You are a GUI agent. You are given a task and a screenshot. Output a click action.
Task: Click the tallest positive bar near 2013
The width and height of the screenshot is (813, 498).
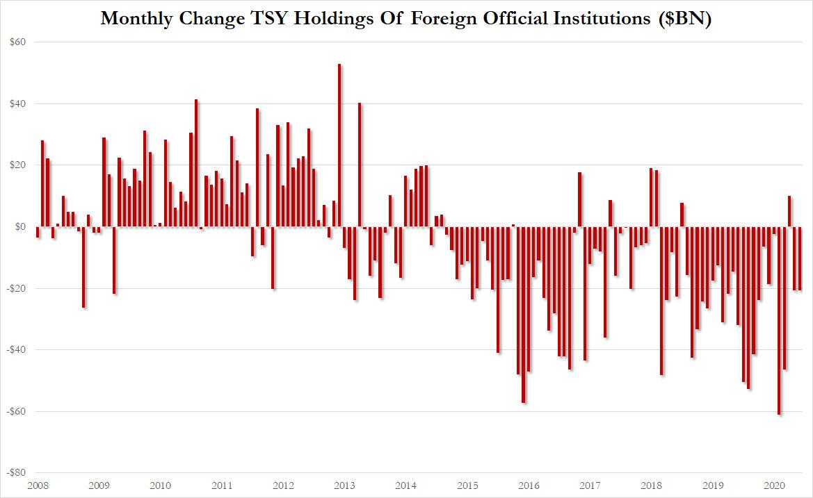pos(339,145)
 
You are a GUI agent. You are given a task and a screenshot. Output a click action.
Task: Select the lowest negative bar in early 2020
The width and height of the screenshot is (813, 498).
pos(780,320)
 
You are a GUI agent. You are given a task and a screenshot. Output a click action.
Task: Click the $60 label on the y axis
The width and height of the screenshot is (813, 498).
pos(18,42)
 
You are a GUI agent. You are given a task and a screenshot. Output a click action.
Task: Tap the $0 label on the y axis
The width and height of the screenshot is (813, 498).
pos(21,226)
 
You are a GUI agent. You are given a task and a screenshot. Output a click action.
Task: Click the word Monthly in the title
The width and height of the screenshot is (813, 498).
pos(136,19)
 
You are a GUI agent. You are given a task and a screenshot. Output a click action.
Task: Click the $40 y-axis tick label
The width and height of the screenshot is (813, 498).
pos(18,104)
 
